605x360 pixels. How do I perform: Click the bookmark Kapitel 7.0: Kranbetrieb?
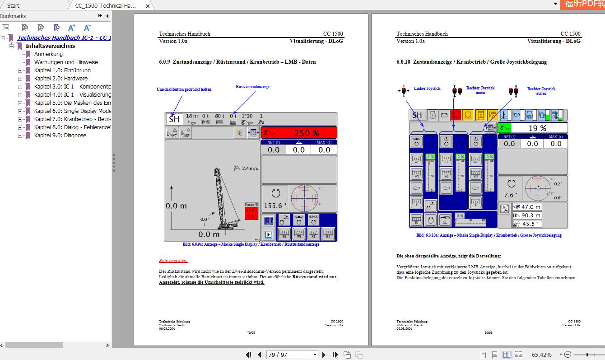click(72, 119)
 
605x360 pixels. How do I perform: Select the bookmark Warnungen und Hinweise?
click(66, 62)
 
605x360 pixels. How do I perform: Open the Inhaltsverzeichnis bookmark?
click(50, 46)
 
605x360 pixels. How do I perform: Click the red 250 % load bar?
click(299, 133)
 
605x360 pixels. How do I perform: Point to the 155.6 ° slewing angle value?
click(275, 206)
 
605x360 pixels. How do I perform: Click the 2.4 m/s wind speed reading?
click(250, 168)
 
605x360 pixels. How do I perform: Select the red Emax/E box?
click(251, 211)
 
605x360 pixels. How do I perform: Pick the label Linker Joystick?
click(427, 89)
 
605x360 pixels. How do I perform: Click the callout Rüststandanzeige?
click(252, 87)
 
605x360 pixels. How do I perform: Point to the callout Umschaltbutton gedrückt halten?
click(184, 89)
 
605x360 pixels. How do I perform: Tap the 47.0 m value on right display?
click(531, 207)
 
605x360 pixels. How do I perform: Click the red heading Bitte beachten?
click(173, 261)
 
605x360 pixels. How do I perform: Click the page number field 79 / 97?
click(292, 355)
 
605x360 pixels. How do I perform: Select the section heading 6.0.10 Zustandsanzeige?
click(471, 62)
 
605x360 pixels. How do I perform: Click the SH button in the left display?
click(174, 119)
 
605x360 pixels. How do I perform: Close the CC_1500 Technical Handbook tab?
click(148, 6)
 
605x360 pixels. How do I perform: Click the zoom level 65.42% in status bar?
click(541, 355)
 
